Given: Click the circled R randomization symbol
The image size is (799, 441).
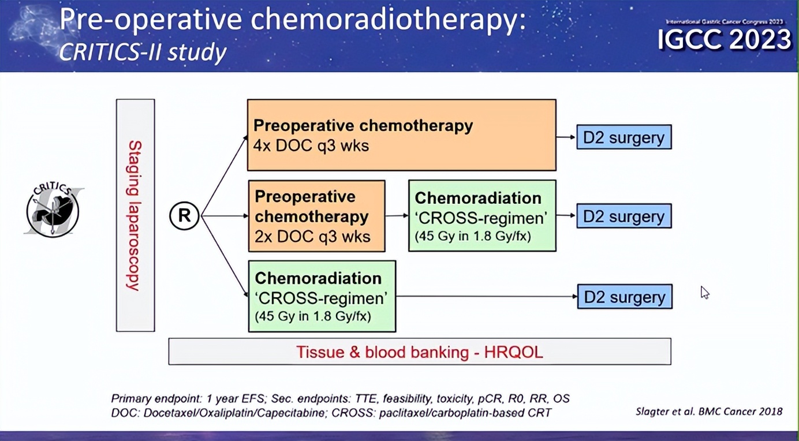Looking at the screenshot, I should (x=184, y=216).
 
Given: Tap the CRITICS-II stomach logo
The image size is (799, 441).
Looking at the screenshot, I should (x=53, y=211).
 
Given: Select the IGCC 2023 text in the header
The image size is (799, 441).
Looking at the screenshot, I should (x=725, y=39).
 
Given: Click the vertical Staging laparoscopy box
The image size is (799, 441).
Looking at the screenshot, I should (x=135, y=215).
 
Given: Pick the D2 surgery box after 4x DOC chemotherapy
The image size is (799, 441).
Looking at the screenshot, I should (x=623, y=137).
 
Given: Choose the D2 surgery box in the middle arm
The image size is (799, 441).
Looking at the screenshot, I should (x=623, y=216).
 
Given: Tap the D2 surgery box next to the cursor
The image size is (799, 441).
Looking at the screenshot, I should (x=625, y=297).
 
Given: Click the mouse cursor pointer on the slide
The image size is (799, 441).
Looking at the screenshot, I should (x=704, y=291).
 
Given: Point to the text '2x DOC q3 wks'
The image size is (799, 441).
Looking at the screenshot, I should (x=312, y=236).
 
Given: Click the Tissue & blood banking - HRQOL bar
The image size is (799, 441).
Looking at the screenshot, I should (x=419, y=352).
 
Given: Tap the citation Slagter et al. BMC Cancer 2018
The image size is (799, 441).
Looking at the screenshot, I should (x=709, y=412).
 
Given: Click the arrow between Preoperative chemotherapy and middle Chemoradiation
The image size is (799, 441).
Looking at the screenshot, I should (x=397, y=216).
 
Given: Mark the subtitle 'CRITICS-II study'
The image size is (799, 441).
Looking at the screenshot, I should (x=143, y=53).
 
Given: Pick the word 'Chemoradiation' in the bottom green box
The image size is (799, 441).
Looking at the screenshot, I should (x=318, y=278).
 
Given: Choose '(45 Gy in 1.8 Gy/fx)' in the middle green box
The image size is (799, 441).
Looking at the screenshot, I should (x=473, y=236).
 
